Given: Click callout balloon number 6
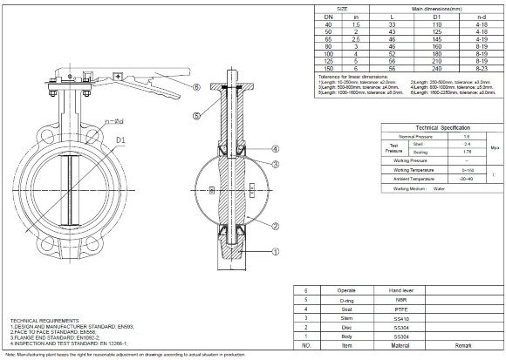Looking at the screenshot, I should coord(197,87).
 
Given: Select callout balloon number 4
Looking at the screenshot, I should coord(275,149).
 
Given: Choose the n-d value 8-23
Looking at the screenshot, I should coord(480,67).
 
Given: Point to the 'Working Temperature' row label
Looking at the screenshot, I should coord(414,169).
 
